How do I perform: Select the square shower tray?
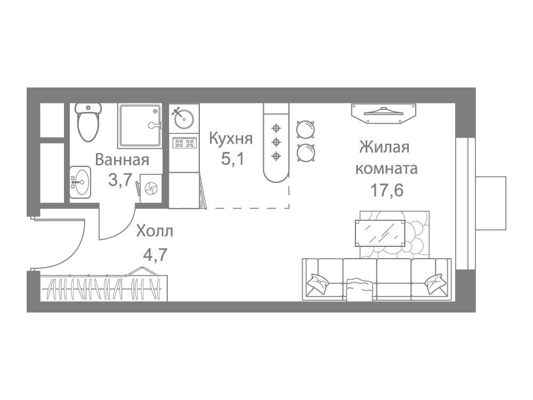[140, 126]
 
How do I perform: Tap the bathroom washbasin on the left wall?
[80, 182]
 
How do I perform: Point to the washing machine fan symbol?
[151, 188]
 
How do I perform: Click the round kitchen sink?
[184, 118]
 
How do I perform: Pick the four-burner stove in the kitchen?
[184, 143]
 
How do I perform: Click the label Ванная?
[122, 160]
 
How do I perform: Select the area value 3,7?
[119, 180]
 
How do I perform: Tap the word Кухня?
[231, 139]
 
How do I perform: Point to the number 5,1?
[232, 158]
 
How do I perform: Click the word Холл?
[155, 231]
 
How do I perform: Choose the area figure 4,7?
[155, 254]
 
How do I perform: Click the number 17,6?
[386, 190]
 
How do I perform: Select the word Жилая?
[384, 147]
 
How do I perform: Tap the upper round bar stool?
[305, 129]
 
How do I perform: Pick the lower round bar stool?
[305, 153]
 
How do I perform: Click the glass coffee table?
[381, 233]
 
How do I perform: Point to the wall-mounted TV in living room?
[384, 113]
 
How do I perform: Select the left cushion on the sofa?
[318, 282]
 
